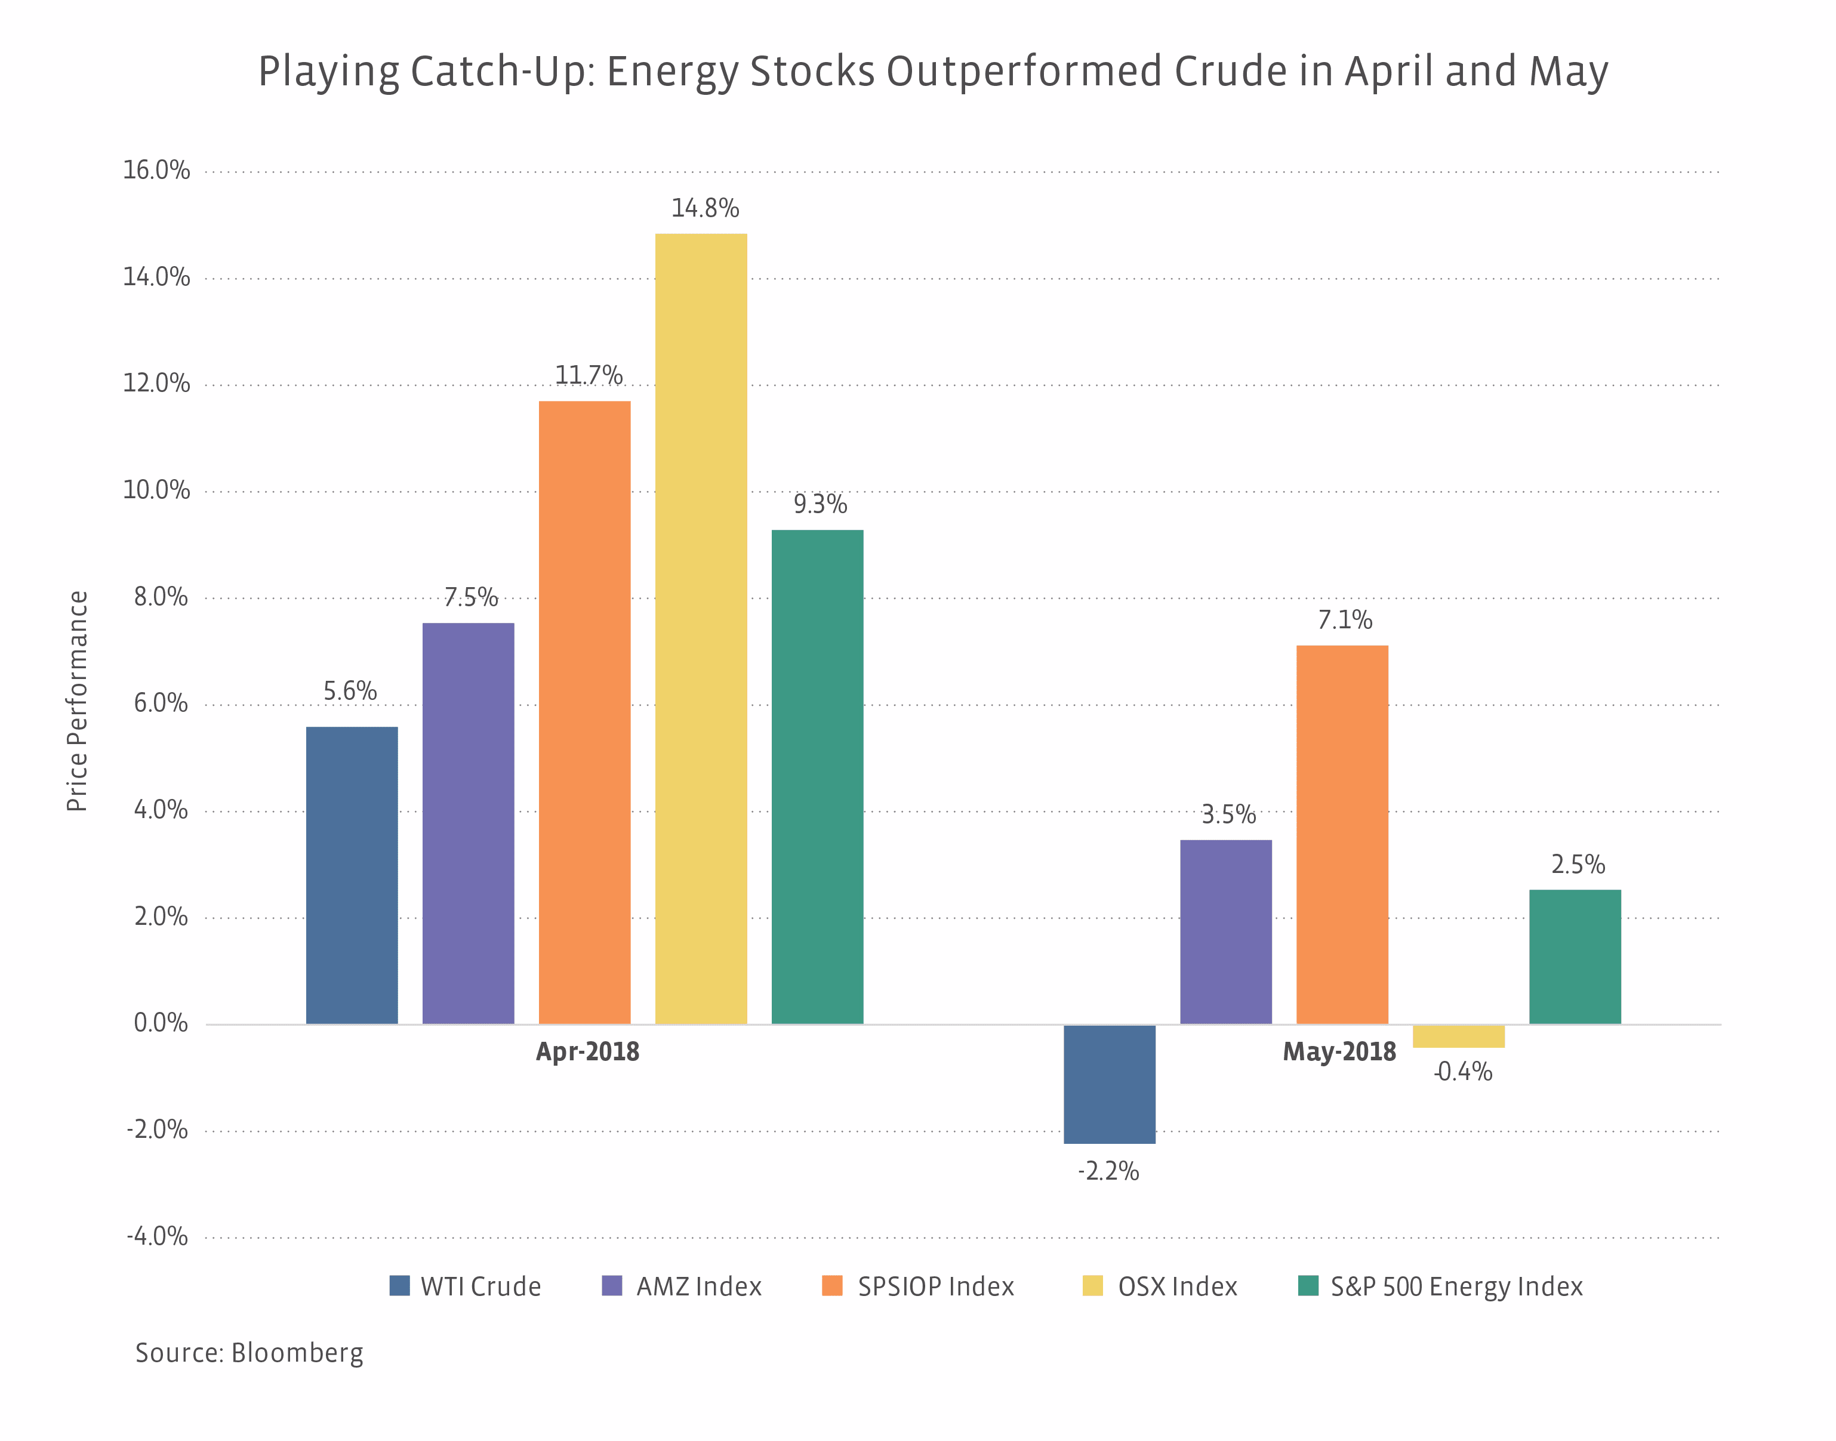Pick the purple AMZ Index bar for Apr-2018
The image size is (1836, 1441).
pyautogui.click(x=469, y=823)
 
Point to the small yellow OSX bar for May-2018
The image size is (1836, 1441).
pyautogui.click(x=1458, y=1036)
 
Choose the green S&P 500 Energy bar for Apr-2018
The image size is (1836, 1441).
pyautogui.click(x=817, y=777)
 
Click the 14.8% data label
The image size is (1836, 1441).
pyautogui.click(x=704, y=208)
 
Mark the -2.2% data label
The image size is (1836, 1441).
pyautogui.click(x=1108, y=1171)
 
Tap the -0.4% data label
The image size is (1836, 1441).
pyautogui.click(x=1462, y=1072)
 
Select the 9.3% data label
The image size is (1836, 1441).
pyautogui.click(x=820, y=505)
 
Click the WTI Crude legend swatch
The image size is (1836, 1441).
pyautogui.click(x=399, y=1286)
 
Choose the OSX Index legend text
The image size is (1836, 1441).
pyautogui.click(x=1177, y=1286)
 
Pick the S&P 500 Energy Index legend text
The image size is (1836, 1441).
pyautogui.click(x=1456, y=1286)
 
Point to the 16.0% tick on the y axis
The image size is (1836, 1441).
pyautogui.click(x=157, y=171)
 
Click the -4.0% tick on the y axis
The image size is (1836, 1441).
pyautogui.click(x=158, y=1237)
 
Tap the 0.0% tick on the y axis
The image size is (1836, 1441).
pyautogui.click(x=161, y=1023)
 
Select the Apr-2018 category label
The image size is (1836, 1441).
pyautogui.click(x=587, y=1052)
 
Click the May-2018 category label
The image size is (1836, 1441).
pyautogui.click(x=1339, y=1052)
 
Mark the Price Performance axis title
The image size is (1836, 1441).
pyautogui.click(x=78, y=701)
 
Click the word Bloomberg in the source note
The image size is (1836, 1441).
pyautogui.click(x=297, y=1353)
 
